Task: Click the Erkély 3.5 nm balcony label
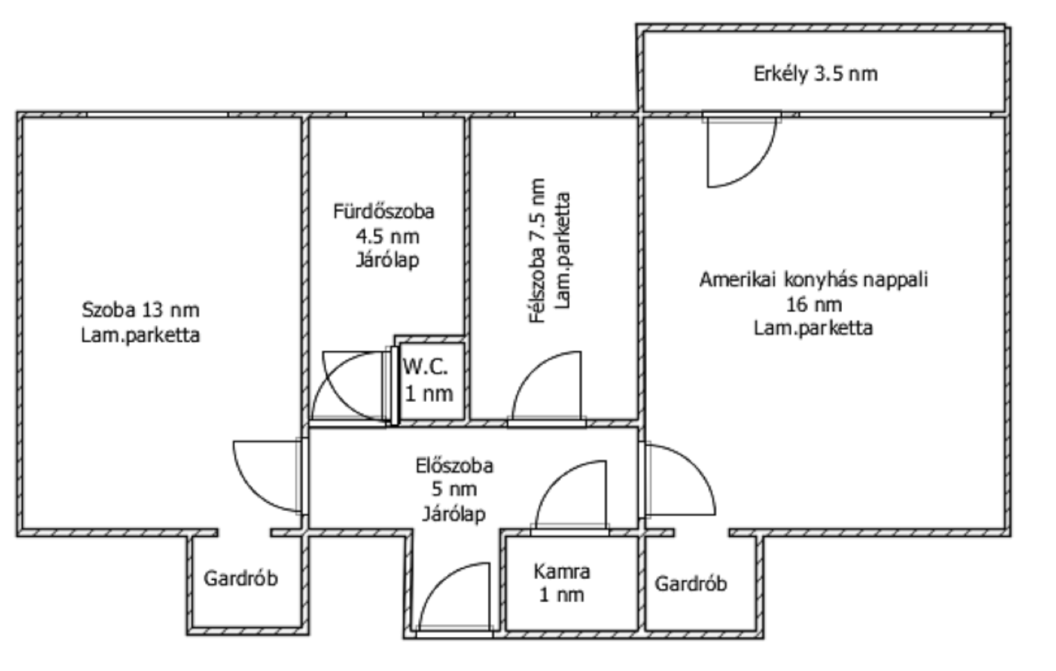[x=815, y=74]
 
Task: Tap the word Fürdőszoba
[x=384, y=212]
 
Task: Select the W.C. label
[x=425, y=366]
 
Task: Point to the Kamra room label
[x=562, y=571]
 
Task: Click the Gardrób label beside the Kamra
[x=691, y=583]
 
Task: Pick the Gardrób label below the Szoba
[x=241, y=578]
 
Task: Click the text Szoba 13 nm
[x=141, y=310]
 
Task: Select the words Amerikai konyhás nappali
[x=814, y=279]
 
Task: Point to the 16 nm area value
[x=814, y=305]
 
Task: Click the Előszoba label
[x=455, y=466]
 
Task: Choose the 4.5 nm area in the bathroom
[x=387, y=236]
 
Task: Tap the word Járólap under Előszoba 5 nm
[x=454, y=514]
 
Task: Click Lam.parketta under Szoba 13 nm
[x=141, y=335]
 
